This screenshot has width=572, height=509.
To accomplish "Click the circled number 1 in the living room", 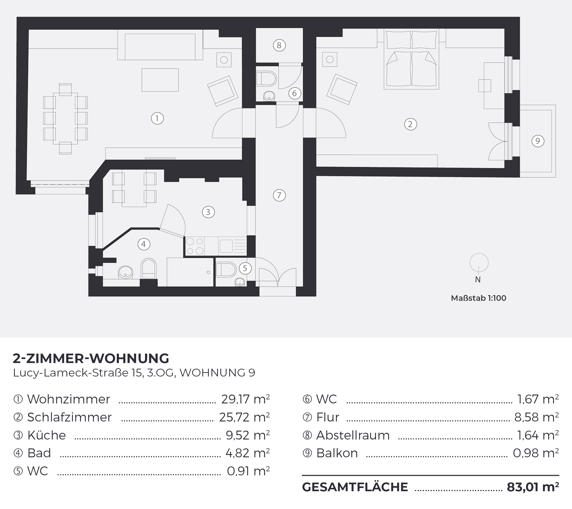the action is point(157,118).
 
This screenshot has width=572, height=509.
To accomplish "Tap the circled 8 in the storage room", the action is point(279,46).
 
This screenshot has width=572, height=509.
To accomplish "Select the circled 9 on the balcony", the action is point(538,141).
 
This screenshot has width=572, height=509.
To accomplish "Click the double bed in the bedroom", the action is point(411,59).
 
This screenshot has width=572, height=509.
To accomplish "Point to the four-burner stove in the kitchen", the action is point(195,246).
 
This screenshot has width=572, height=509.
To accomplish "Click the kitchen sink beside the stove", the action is point(232,246).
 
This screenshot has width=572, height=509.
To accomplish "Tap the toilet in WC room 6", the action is point(266,79).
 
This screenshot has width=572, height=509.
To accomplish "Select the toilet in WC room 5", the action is point(226,270).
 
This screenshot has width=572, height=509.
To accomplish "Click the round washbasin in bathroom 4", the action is point(126,272).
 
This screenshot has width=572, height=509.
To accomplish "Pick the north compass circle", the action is point(479,263).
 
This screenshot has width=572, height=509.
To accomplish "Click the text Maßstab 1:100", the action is point(479,298).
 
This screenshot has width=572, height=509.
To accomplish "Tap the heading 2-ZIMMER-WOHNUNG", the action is point(91,358).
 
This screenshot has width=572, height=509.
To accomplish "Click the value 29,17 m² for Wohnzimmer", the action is point(245,399).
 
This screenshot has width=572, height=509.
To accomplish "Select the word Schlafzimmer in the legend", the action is point(69,417).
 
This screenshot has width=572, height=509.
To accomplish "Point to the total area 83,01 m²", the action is point(533,487).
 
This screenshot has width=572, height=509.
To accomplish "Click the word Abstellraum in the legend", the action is point(353,435).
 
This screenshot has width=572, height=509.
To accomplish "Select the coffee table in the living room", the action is point(160,80).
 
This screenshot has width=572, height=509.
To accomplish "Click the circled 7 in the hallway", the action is point(279,195).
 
